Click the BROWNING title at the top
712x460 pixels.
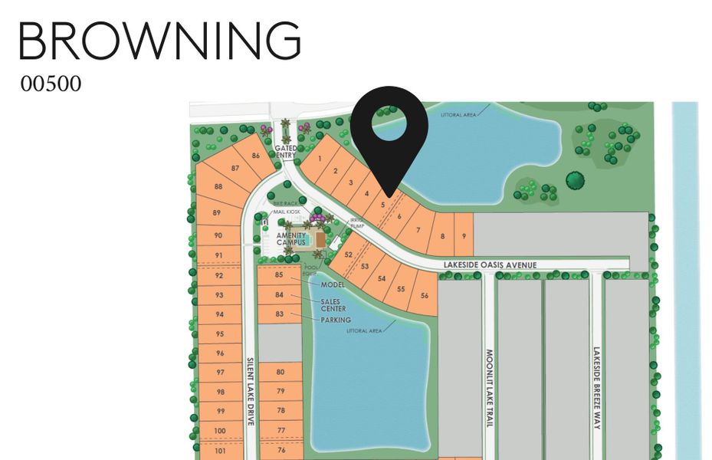(159, 40)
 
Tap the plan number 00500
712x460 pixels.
(51, 84)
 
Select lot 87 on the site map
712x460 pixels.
(235, 168)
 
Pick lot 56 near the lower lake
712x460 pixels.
(424, 295)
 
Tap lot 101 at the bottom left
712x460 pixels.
(220, 450)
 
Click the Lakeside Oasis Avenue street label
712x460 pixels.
(490, 264)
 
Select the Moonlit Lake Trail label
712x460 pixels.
(490, 388)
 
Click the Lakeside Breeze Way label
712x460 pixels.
(597, 388)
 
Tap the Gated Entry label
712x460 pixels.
(285, 152)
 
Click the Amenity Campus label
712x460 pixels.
(291, 238)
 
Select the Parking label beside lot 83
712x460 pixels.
(336, 320)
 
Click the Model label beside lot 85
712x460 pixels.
(332, 284)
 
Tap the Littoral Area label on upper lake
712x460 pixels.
(458, 115)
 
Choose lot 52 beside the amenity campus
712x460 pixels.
(349, 254)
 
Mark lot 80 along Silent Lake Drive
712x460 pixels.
(281, 372)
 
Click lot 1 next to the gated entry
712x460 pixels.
(319, 159)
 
